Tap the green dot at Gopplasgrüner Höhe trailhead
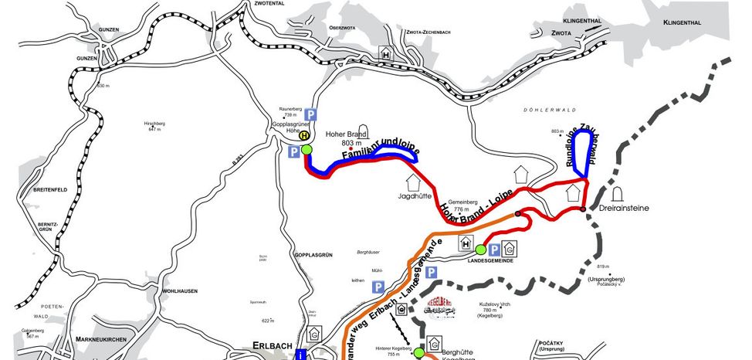tap(306, 149)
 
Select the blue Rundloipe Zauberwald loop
tap(586, 155)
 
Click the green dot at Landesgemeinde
tap(479, 250)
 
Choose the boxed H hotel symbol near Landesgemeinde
tap(466, 243)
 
